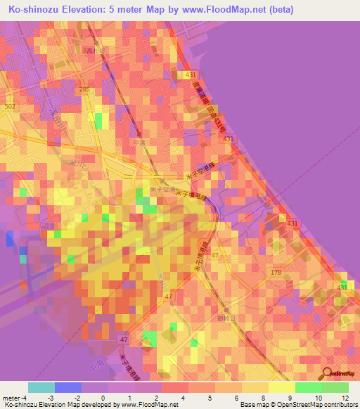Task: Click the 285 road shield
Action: click(x=85, y=89)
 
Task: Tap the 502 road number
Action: click(x=9, y=105)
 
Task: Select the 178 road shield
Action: click(x=276, y=271)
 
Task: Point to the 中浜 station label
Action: click(x=138, y=142)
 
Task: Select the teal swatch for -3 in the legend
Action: click(x=41, y=387)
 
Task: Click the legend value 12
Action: click(x=345, y=398)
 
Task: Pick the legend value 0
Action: click(x=103, y=398)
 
